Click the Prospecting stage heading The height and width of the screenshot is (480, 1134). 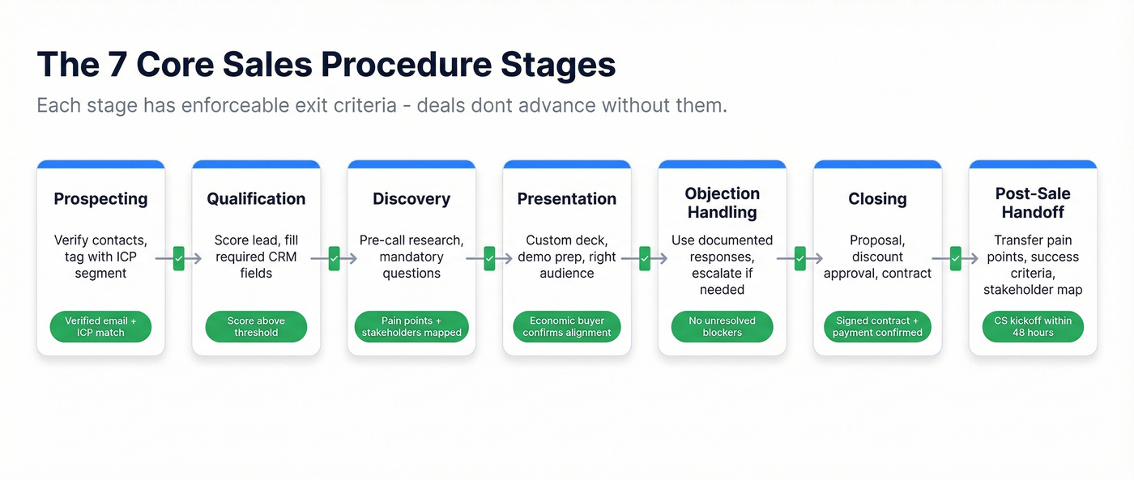[x=100, y=199]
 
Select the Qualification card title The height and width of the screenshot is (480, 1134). [x=256, y=199]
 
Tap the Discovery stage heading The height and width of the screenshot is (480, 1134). [x=411, y=199]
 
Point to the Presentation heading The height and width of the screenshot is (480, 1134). [x=567, y=199]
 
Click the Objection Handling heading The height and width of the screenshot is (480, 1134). [x=722, y=203]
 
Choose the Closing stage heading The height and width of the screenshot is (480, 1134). [x=877, y=199]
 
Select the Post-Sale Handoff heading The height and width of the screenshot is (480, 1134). [x=1033, y=203]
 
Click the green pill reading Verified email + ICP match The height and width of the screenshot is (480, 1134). [x=100, y=327]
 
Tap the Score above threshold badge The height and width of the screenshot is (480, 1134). [x=256, y=327]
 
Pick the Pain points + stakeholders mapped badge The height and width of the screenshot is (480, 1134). [x=411, y=327]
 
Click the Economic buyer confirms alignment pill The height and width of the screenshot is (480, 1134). [x=567, y=327]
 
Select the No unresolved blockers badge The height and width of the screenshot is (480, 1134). [x=722, y=327]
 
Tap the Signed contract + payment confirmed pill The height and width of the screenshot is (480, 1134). [x=877, y=327]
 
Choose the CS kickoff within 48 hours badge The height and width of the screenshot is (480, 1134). [x=1033, y=327]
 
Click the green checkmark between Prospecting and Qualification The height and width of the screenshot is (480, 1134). [x=178, y=259]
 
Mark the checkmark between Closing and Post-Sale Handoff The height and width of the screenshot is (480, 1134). [x=955, y=259]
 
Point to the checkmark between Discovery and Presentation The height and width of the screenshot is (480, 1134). [x=489, y=259]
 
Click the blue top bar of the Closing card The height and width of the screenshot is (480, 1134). [x=877, y=164]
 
